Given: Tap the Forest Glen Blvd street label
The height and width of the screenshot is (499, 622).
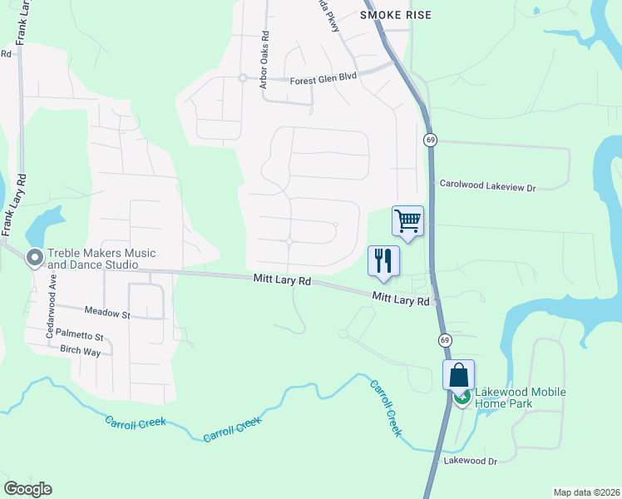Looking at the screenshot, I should click(323, 81).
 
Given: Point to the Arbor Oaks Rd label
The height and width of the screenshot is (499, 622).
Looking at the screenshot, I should click(265, 61).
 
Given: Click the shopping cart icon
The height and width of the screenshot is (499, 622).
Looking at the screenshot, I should click(407, 221).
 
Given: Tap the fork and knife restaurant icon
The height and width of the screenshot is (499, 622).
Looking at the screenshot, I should click(383, 260).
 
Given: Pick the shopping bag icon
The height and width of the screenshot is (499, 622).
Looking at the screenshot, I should click(458, 375).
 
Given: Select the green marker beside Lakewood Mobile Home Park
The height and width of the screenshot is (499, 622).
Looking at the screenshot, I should click(462, 398).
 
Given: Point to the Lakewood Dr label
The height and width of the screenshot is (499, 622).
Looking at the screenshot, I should click(470, 461).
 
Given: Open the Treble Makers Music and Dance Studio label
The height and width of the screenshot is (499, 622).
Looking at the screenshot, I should click(101, 259).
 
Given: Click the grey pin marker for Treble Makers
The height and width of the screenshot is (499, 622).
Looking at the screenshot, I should click(35, 259).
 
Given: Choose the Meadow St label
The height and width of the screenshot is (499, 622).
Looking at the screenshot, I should click(107, 314).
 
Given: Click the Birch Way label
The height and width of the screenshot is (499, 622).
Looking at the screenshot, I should click(80, 352).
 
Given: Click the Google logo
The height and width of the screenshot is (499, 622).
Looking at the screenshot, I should click(28, 488).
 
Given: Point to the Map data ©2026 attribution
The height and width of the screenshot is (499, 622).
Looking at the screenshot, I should click(585, 492).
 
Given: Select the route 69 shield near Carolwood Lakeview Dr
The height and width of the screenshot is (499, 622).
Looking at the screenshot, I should click(430, 140).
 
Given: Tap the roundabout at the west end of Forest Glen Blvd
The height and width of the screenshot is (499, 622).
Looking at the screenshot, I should click(242, 78).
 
